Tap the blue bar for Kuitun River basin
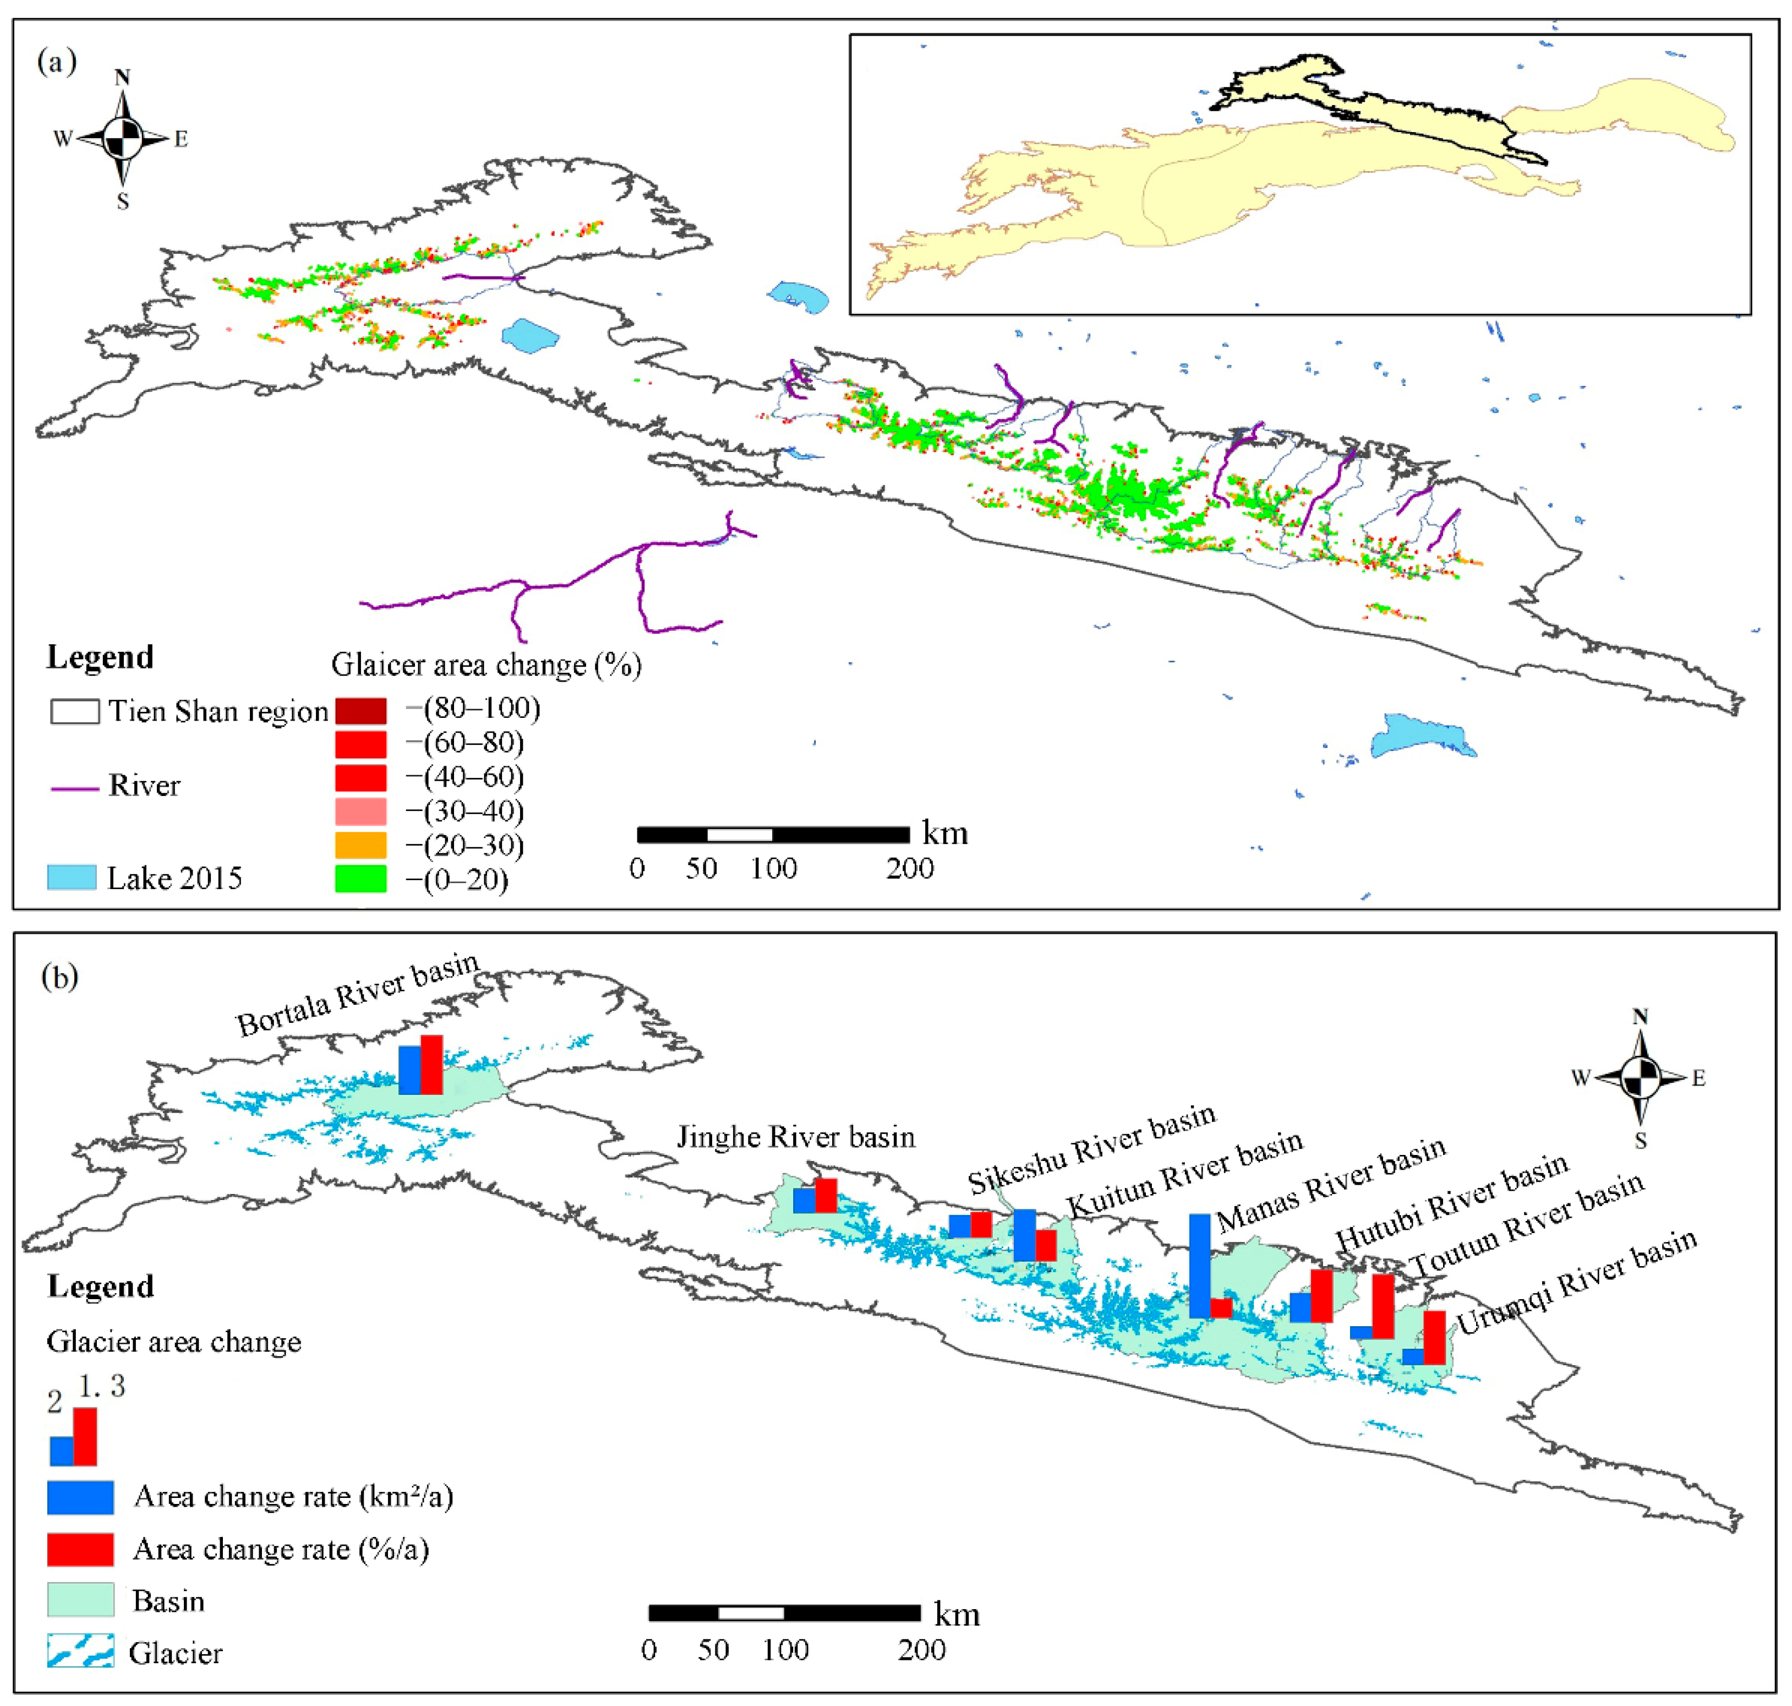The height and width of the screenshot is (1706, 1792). pyautogui.click(x=1025, y=1234)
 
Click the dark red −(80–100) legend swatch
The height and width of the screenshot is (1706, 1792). pyautogui.click(x=361, y=710)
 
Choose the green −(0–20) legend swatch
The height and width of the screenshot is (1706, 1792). pyautogui.click(x=361, y=879)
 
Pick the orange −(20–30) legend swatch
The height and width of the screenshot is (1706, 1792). pyautogui.click(x=361, y=845)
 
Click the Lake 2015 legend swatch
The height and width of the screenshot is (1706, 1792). pyautogui.click(x=72, y=877)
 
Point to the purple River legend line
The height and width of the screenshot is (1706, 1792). pyautogui.click(x=74, y=788)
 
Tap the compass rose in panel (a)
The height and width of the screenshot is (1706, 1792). pyautogui.click(x=123, y=139)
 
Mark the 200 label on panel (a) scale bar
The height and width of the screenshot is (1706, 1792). pyautogui.click(x=910, y=869)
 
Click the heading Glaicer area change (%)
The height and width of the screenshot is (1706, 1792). pyautogui.click(x=487, y=665)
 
